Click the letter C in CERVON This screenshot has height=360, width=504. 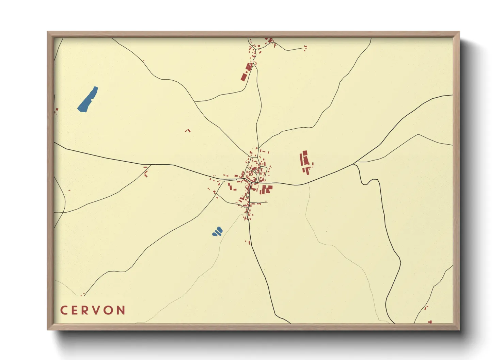(x=64, y=310)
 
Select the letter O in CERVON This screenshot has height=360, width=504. (x=109, y=310)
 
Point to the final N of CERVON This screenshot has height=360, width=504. (x=121, y=310)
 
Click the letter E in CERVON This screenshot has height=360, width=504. (x=75, y=310)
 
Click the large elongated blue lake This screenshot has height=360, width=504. (x=88, y=99)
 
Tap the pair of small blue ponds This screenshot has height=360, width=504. (x=217, y=232)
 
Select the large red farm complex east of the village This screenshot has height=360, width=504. (x=305, y=162)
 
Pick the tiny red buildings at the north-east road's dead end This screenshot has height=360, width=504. (x=305, y=48)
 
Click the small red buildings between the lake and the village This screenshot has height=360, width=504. (x=188, y=130)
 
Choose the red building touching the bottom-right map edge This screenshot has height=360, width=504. (x=430, y=322)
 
